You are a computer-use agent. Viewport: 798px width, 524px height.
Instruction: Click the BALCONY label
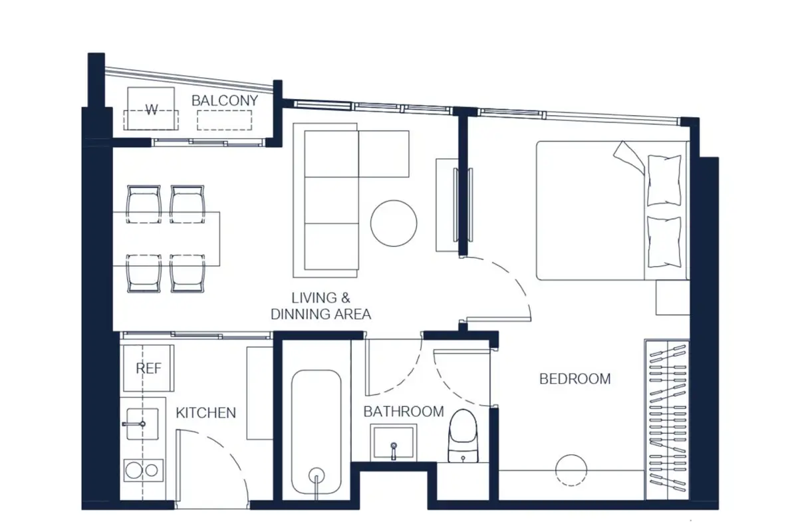point(225,101)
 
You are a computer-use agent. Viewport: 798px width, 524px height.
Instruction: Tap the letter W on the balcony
point(152,110)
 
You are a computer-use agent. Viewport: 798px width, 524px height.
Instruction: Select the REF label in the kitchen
point(148,368)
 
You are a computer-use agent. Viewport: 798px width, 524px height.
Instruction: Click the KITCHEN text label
point(206,413)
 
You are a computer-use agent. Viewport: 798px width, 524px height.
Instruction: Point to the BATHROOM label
point(404,412)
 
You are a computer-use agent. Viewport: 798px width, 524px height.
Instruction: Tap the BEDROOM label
point(575,378)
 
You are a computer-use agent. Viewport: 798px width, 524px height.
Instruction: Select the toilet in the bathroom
point(463,436)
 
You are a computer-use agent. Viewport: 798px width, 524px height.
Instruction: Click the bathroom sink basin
point(393,442)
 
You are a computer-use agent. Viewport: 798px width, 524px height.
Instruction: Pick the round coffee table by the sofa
point(394,223)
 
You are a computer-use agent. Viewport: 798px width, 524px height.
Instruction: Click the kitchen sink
point(142,424)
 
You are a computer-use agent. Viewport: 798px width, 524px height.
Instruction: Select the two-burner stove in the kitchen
point(144,471)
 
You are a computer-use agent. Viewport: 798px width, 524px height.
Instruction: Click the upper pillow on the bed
point(664,180)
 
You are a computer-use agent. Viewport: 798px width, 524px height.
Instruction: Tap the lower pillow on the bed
point(664,242)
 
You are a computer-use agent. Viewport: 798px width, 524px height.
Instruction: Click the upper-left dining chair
point(144,203)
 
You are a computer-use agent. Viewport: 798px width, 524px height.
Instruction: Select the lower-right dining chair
point(188,273)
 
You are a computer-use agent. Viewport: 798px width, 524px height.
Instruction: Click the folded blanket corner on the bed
point(629,158)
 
